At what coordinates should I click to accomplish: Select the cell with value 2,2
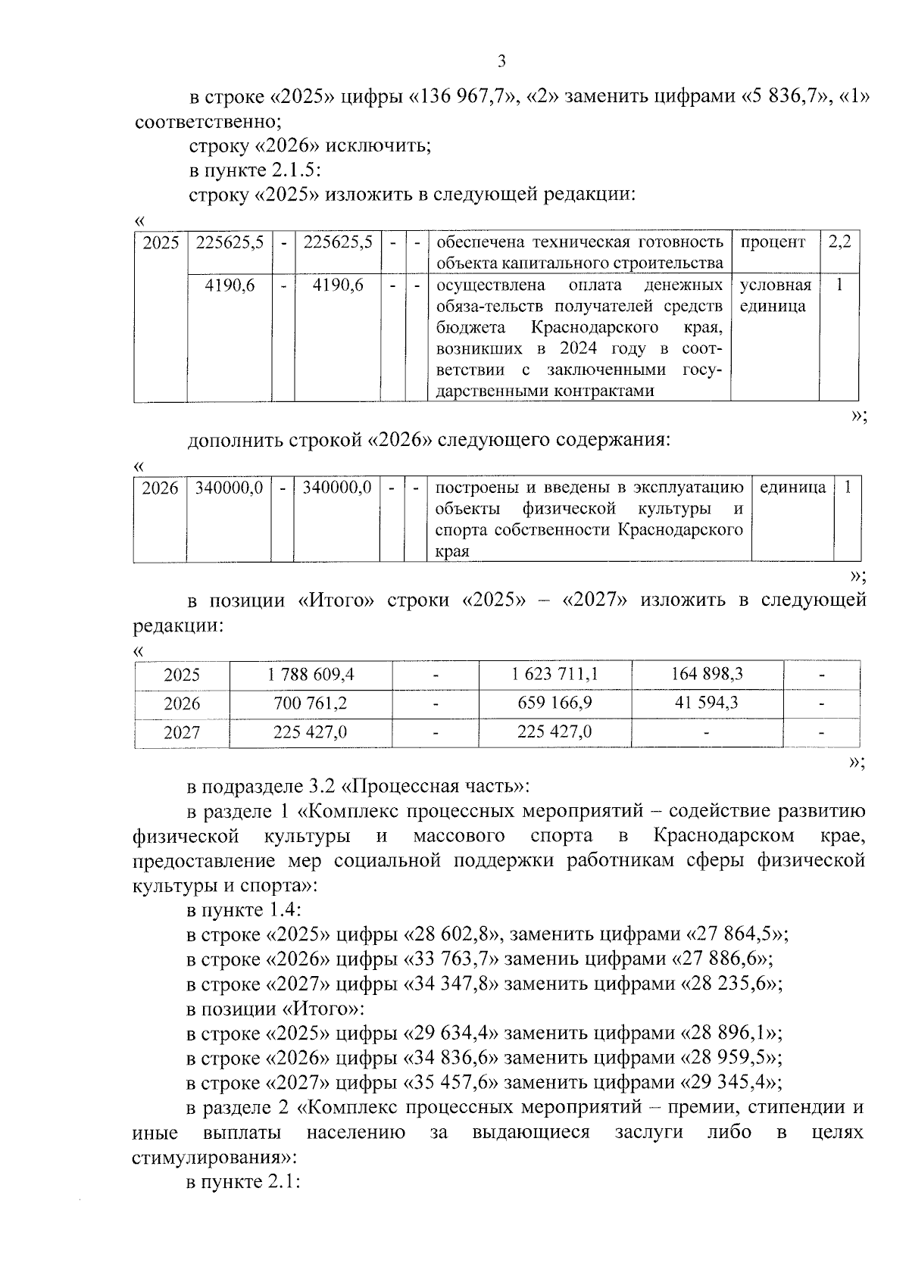click(x=839, y=242)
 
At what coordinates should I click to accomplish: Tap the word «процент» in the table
click(x=773, y=242)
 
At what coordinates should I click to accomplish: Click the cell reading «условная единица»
click(x=775, y=295)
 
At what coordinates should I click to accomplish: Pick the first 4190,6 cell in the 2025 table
click(x=230, y=285)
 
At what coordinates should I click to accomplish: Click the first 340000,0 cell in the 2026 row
click(x=229, y=488)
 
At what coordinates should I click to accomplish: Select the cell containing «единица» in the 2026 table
click(x=792, y=488)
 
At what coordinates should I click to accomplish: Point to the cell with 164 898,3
click(x=707, y=674)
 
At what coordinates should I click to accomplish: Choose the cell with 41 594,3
click(x=707, y=703)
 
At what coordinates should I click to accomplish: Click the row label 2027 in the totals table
click(x=182, y=732)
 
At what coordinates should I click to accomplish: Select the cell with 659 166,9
click(x=554, y=703)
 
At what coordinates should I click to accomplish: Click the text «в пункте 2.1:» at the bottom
click(x=244, y=1181)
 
